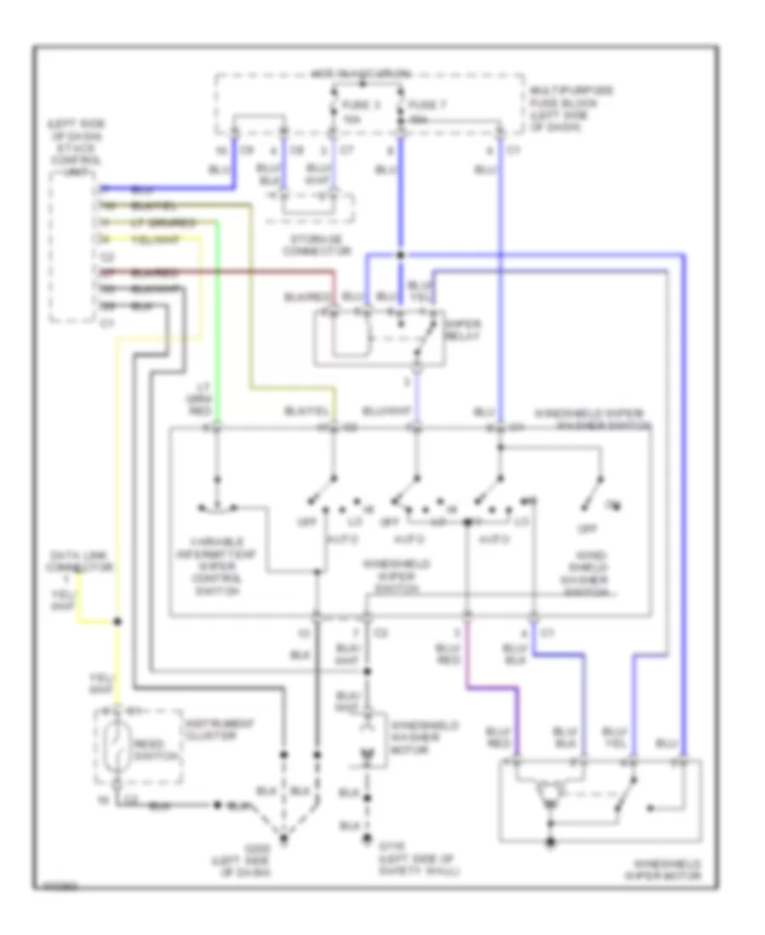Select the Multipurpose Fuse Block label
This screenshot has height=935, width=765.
point(560,108)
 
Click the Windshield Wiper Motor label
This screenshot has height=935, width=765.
point(662,867)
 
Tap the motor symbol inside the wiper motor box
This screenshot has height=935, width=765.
point(552,794)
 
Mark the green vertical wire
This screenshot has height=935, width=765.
point(218,323)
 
